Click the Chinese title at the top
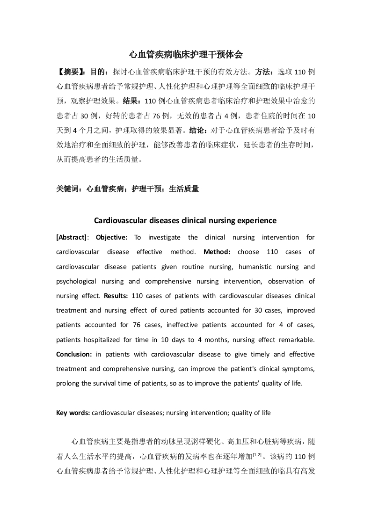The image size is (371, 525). point(185,55)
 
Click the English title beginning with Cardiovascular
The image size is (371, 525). point(185,220)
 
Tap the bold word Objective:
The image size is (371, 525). point(112,237)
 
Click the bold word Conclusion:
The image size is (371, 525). point(73,354)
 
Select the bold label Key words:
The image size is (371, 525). point(73,413)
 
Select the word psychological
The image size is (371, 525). point(76,281)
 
